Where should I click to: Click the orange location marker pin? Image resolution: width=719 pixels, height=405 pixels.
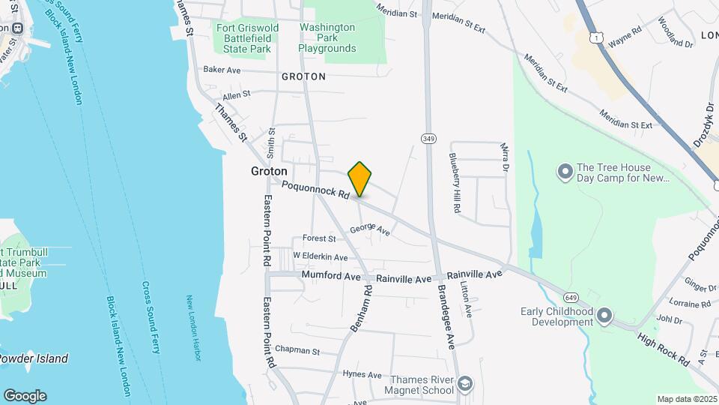[360, 179]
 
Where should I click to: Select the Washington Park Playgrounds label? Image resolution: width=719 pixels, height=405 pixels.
[327, 38]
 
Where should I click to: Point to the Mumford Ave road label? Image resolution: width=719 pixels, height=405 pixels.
[331, 276]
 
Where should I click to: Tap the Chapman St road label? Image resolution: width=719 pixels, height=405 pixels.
[297, 350]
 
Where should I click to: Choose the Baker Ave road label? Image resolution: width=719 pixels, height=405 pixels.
[222, 70]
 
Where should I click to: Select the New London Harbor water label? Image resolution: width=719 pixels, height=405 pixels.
[194, 328]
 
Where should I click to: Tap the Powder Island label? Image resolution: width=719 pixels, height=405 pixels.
[33, 358]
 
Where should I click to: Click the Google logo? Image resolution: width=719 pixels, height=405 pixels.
[25, 395]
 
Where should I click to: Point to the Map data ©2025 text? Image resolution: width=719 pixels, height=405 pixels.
[688, 399]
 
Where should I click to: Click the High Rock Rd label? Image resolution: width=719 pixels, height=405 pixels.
[664, 350]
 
